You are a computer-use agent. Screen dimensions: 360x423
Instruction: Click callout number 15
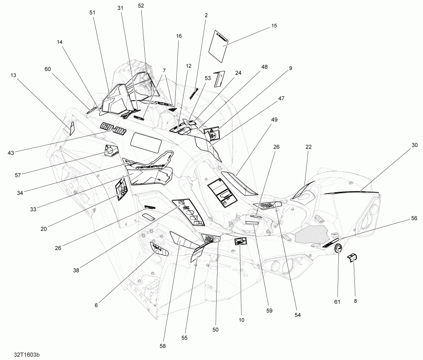[x=274, y=26]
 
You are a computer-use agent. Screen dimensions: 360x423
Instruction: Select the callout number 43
[x=11, y=153]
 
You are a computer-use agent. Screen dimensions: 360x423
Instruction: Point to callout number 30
[x=414, y=145]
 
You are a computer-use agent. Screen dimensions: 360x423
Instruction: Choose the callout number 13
[x=13, y=75]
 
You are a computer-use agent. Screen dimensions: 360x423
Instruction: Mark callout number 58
[x=163, y=346]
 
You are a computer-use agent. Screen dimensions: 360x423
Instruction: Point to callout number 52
[x=141, y=6]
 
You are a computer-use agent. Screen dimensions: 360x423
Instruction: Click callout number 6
[x=96, y=305]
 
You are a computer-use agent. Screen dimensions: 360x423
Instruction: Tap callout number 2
[x=206, y=15]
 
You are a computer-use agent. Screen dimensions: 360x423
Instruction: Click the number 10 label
[x=242, y=320]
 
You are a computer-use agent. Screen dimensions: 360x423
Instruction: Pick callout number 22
[x=309, y=147]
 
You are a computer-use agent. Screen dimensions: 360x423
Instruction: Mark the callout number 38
[x=76, y=270]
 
